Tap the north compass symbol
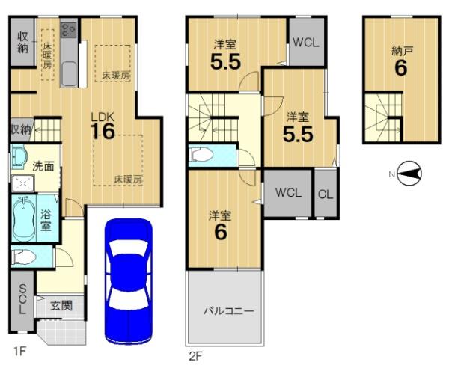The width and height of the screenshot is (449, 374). click(x=410, y=174)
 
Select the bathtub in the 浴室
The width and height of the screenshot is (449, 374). click(x=23, y=218)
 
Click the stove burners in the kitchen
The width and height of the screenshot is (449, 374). click(x=68, y=30)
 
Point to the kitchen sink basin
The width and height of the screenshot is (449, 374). click(x=68, y=74)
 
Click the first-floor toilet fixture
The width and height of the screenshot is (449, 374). click(x=23, y=257)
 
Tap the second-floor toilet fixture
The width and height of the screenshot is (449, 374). click(x=201, y=156)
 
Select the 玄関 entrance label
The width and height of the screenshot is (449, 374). click(x=61, y=306)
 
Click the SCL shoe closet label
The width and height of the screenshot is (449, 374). click(x=22, y=299)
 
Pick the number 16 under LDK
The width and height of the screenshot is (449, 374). click(x=103, y=132)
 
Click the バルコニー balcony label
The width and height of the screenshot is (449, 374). click(x=228, y=310)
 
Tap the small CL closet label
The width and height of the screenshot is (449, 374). click(x=326, y=194)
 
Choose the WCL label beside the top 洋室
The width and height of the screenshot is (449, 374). click(x=306, y=43)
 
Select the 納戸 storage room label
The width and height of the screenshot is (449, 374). click(x=402, y=52)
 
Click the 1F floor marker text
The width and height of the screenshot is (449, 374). click(x=20, y=351)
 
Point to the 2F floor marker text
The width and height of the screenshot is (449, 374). click(x=196, y=356)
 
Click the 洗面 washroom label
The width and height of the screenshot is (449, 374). click(x=43, y=166)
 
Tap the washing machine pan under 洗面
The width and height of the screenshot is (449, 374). click(x=22, y=183)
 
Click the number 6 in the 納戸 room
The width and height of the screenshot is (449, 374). click(x=400, y=67)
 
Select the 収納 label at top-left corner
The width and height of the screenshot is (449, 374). click(x=23, y=43)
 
